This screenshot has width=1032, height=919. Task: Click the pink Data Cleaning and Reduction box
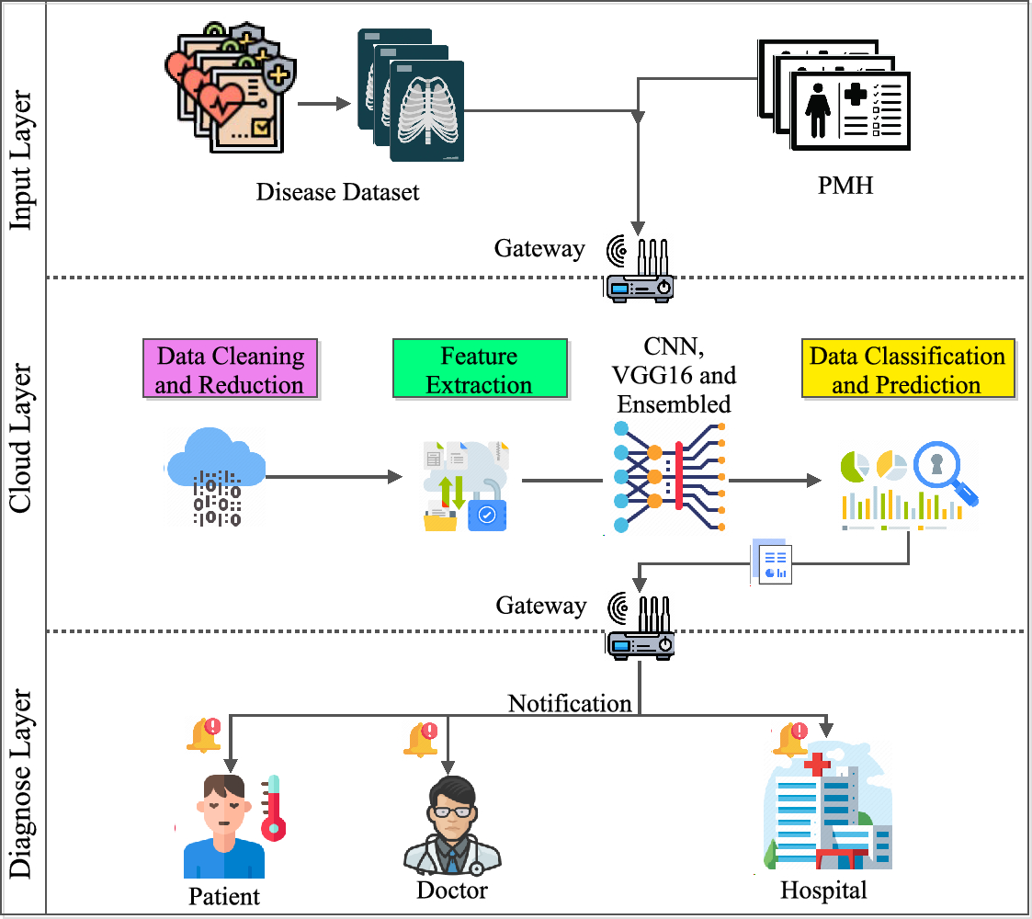[230, 369]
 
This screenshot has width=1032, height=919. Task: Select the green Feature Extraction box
[479, 369]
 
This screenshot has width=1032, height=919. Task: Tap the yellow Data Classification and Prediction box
[907, 369]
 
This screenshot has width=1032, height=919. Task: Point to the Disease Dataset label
[337, 192]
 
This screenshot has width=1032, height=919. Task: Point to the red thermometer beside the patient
[272, 809]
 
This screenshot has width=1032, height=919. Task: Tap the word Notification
[571, 704]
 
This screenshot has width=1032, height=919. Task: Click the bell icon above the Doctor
[421, 740]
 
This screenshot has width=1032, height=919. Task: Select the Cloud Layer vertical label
[22, 439]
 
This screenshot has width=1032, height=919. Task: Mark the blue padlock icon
[487, 515]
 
